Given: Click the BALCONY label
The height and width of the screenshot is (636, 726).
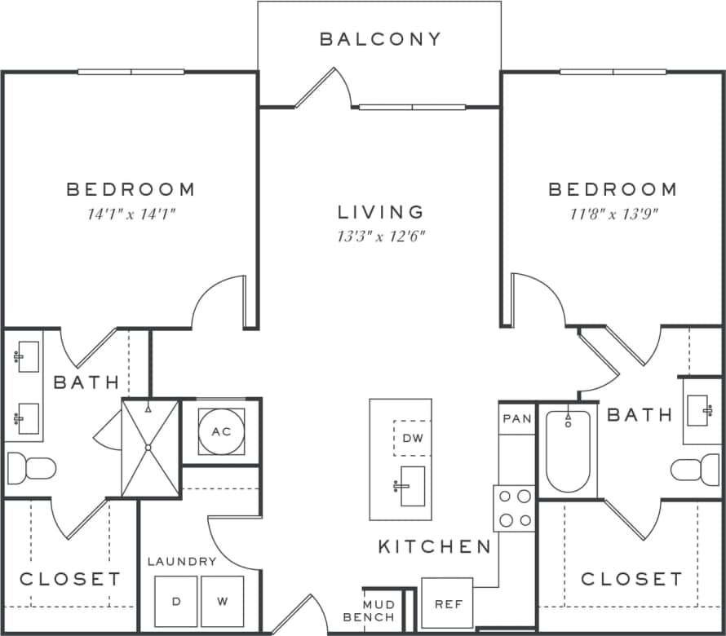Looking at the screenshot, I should pyautogui.click(x=380, y=39).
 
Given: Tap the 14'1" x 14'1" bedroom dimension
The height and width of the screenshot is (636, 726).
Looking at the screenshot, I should pyautogui.click(x=131, y=214).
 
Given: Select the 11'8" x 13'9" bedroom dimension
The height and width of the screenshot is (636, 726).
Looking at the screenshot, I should pyautogui.click(x=612, y=214).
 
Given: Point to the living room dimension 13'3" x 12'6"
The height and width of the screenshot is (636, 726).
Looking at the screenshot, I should pyautogui.click(x=381, y=237).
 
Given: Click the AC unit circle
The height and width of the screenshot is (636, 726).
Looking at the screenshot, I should pyautogui.click(x=221, y=431).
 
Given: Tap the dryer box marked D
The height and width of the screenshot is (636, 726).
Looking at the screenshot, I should pyautogui.click(x=176, y=602).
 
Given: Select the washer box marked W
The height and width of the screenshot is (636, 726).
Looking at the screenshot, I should pyautogui.click(x=223, y=602).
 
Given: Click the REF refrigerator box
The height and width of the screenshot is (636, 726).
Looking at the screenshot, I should pyautogui.click(x=447, y=603).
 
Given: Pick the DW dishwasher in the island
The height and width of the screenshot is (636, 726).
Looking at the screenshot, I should pyautogui.click(x=412, y=438).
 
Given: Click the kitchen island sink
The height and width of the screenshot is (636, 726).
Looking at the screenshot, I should pyautogui.click(x=412, y=486).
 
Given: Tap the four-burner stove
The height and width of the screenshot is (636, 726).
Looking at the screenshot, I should pyautogui.click(x=514, y=508).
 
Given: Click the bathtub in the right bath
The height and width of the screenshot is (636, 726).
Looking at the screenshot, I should pyautogui.click(x=568, y=451).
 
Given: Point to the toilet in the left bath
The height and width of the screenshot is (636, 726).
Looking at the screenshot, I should pyautogui.click(x=31, y=469).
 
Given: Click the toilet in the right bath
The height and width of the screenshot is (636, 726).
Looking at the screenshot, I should pyautogui.click(x=696, y=469).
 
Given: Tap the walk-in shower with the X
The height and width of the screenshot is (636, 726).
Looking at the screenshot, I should pyautogui.click(x=149, y=447).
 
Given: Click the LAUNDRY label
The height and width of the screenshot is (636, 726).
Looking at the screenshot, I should pyautogui.click(x=182, y=562).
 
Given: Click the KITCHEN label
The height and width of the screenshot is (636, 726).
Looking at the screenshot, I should pyautogui.click(x=434, y=546).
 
